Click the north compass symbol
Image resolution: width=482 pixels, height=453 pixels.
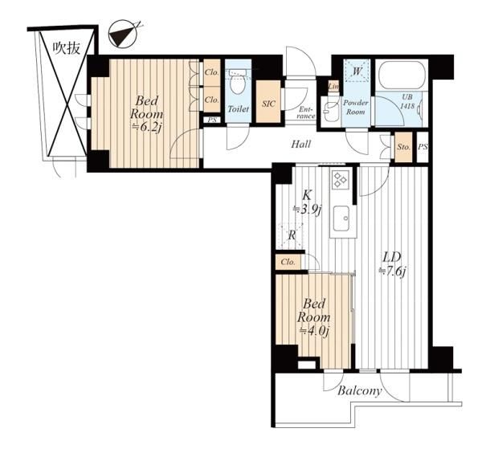[x=123, y=34]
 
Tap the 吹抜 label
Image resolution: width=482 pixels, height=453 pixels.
[x=67, y=48]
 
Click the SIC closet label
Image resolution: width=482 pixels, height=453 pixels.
[x=268, y=104]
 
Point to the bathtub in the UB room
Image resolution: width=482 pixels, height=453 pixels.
[x=402, y=75]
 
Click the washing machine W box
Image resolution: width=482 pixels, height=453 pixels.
[x=357, y=71]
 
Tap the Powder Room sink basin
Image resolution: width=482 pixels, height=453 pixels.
[x=330, y=109]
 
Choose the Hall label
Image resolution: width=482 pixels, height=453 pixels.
[x=301, y=144]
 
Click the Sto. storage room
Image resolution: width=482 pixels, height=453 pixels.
[x=403, y=147]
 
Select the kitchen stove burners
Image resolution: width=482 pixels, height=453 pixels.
[x=341, y=179]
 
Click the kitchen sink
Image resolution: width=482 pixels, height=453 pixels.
[x=341, y=218]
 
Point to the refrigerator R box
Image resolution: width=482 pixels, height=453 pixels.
[x=290, y=236]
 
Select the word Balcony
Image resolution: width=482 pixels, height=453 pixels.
[x=360, y=391]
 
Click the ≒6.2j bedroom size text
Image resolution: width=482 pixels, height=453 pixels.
[x=145, y=129]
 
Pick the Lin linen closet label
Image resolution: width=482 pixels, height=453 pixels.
[x=333, y=87]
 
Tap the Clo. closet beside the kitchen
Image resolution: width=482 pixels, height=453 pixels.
[x=288, y=262]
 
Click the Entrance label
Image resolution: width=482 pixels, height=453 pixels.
[x=307, y=112]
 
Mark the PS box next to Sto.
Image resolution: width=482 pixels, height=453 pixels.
[x=423, y=147]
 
